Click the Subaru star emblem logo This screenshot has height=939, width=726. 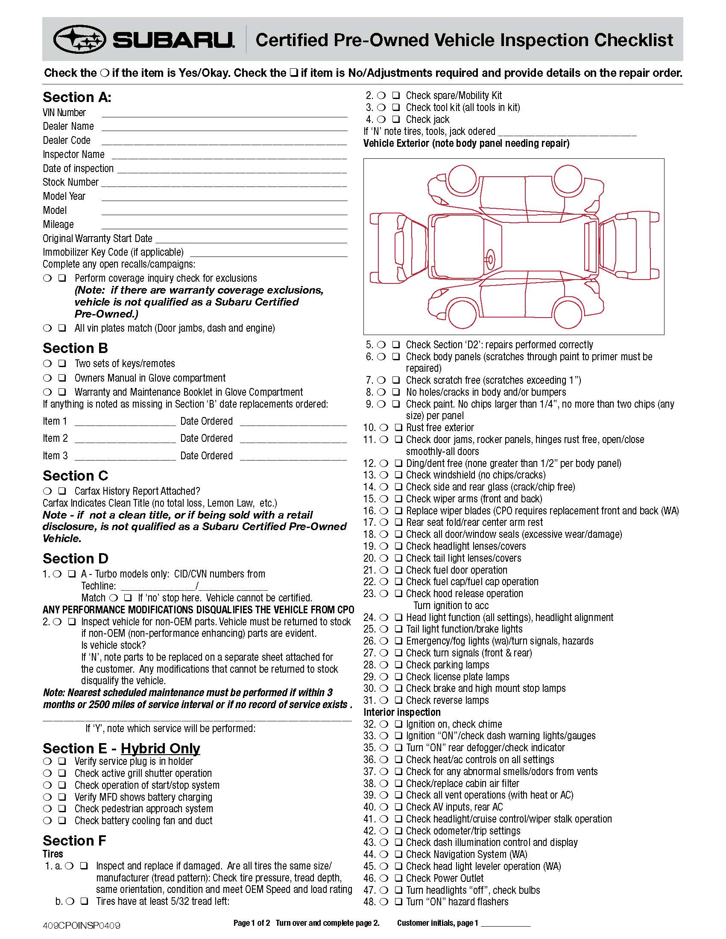(x=79, y=40)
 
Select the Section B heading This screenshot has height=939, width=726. (x=75, y=348)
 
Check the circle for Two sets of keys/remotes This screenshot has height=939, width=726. (x=47, y=364)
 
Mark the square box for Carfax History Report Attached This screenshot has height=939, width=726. (x=62, y=491)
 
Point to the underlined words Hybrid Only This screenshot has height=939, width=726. (x=161, y=749)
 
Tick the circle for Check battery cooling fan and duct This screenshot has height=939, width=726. (x=47, y=821)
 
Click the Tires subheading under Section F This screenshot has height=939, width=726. (x=53, y=854)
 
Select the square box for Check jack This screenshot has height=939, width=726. (x=396, y=119)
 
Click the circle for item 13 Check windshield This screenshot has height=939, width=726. (x=383, y=475)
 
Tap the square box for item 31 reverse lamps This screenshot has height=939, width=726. (x=398, y=700)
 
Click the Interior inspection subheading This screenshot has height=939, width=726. (x=402, y=712)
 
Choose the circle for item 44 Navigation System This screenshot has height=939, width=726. (x=383, y=854)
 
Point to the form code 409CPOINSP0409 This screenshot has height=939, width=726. (x=81, y=925)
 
